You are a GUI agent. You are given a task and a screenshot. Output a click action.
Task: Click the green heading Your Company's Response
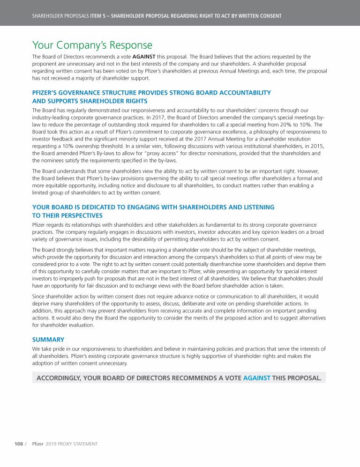92,45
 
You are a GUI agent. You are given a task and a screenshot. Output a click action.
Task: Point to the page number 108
18,444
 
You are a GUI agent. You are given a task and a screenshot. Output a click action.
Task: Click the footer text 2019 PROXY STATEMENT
71,444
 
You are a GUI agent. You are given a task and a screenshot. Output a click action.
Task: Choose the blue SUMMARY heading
48,339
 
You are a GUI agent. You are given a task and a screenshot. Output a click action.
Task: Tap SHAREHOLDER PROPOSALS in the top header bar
60,16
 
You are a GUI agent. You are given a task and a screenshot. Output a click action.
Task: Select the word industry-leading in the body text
54,118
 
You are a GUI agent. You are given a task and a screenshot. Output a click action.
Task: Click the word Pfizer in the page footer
37,444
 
